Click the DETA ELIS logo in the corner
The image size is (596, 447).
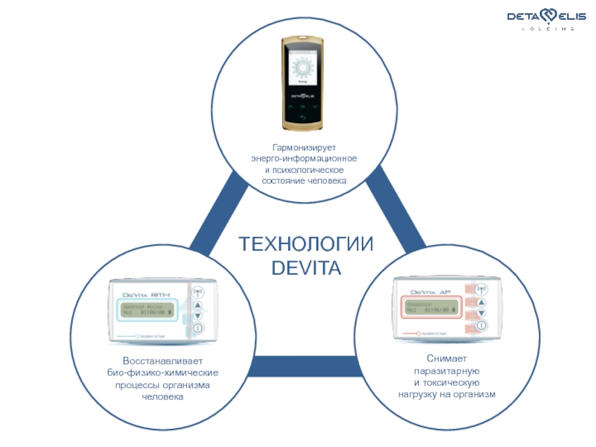[x=541, y=16]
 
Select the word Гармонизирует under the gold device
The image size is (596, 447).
[x=304, y=148]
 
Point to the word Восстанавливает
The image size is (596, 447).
[x=162, y=361]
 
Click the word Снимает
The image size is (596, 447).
[x=446, y=359]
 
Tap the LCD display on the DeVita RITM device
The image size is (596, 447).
[x=147, y=308]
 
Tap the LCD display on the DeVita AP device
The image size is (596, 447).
[x=431, y=307]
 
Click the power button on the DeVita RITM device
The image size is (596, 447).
[x=197, y=328]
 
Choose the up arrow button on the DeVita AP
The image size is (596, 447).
[x=481, y=302]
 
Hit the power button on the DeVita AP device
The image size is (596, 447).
[x=481, y=326]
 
